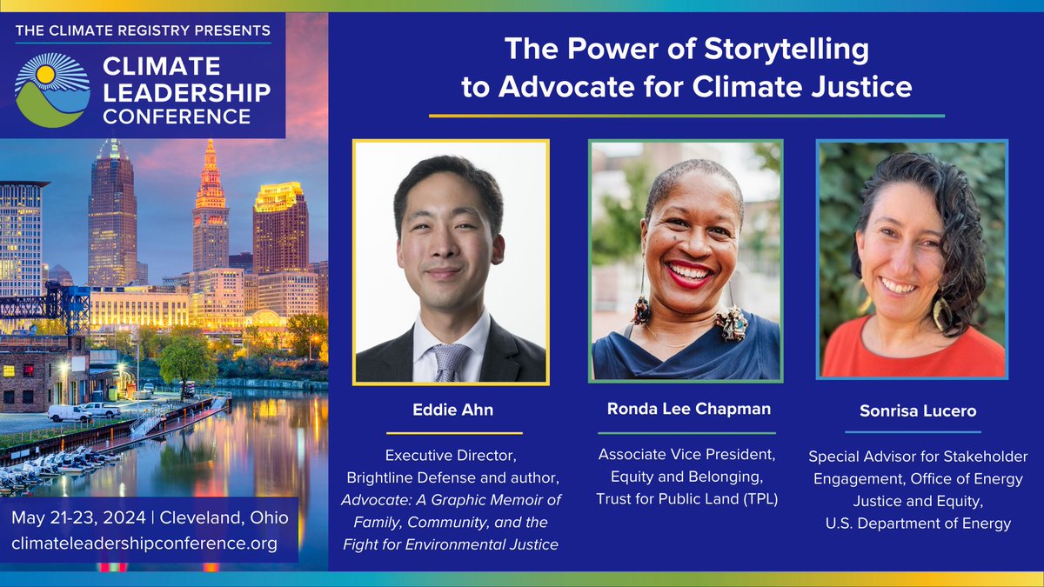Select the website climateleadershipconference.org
coord(144,544)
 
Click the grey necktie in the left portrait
coord(452,361)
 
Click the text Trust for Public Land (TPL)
coord(686,498)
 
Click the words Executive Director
coord(452,454)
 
